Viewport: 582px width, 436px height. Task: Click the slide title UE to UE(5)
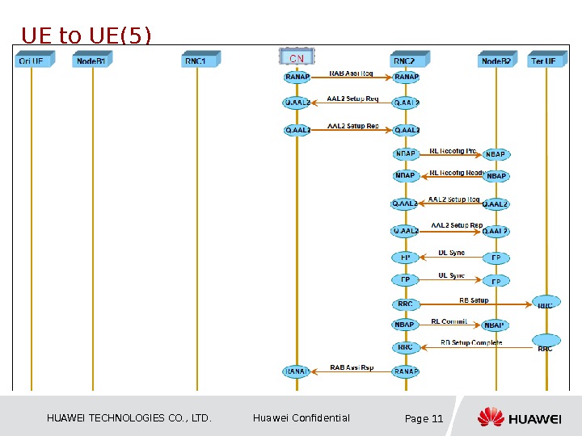point(86,36)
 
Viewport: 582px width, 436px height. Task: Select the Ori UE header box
point(32,60)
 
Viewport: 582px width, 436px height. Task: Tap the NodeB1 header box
point(93,60)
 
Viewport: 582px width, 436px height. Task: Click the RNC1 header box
point(197,60)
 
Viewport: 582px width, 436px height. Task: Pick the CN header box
point(296,58)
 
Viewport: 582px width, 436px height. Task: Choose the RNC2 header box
point(405,60)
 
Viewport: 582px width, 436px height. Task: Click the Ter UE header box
point(545,60)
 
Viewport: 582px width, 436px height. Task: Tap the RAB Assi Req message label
point(351,73)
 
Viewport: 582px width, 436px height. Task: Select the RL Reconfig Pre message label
point(453,150)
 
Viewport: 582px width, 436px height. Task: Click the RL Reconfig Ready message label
point(456,172)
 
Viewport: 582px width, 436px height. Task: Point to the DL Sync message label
point(451,254)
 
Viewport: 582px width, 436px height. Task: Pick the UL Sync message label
point(451,275)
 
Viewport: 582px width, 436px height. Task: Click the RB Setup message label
point(474,300)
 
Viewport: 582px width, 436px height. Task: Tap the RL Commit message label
point(449,321)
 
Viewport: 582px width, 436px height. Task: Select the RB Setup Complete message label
point(471,343)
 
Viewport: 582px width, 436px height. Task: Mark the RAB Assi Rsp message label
point(352,368)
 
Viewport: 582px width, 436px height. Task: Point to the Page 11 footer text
point(424,418)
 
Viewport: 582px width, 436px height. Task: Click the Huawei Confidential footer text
point(302,418)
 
